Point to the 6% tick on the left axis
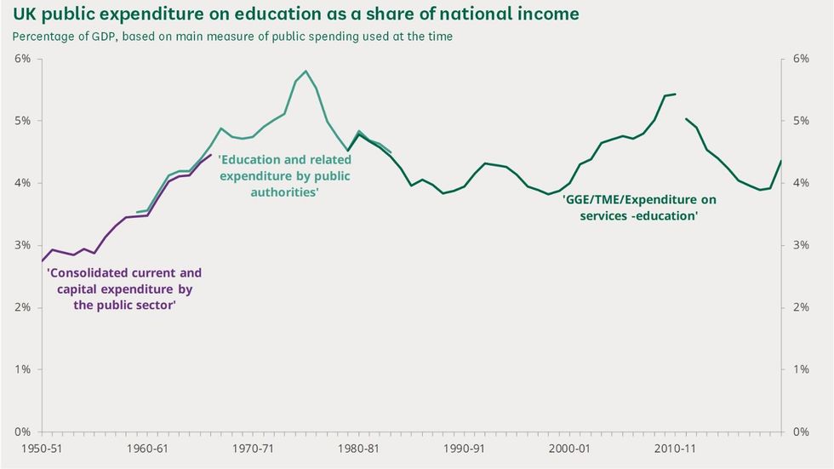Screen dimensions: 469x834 coord(22,58)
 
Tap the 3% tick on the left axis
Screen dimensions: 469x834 coord(22,245)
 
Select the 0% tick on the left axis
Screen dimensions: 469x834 coord(22,432)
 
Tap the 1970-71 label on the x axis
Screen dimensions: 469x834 coord(252,448)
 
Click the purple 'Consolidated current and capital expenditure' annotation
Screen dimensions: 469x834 coord(124,289)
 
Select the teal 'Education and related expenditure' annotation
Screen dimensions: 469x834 coord(284,176)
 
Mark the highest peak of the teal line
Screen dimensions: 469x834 coord(306,71)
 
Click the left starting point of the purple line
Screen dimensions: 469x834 coord(42,260)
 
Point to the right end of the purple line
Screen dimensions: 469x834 coord(211,155)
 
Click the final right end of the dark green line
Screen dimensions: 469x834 coord(781,161)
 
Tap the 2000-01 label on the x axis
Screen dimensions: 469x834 coord(569,448)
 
